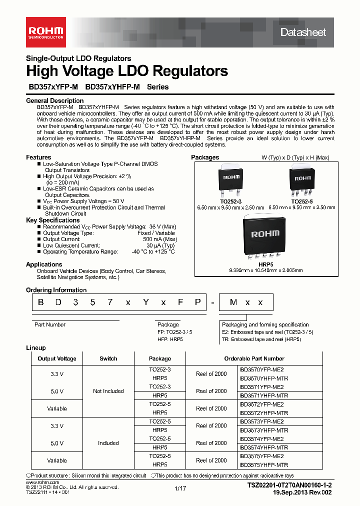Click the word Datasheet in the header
tap(303, 32)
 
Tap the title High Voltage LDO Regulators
tap(127, 71)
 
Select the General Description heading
tap(54, 101)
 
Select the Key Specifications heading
tap(52, 220)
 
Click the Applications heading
tap(44, 264)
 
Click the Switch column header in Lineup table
tap(108, 358)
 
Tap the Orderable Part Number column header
tap(261, 358)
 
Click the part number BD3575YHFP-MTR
tap(264, 465)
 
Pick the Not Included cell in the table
tap(108, 391)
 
